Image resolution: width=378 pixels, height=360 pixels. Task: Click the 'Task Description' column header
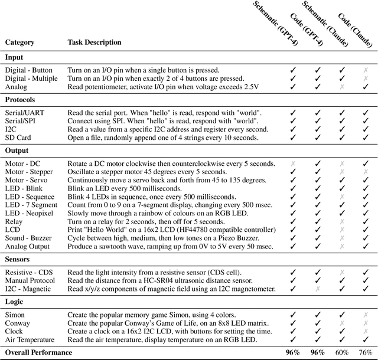(x=94, y=42)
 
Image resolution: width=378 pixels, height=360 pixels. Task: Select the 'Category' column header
(x=20, y=42)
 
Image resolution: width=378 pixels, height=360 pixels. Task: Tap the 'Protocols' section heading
(x=20, y=100)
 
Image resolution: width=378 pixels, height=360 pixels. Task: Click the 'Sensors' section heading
(x=19, y=259)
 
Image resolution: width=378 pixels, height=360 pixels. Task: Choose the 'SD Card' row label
(x=18, y=138)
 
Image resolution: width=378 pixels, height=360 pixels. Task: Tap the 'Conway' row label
(x=18, y=323)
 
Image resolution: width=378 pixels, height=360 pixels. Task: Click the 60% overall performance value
(x=342, y=352)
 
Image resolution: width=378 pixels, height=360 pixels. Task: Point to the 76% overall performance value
(x=365, y=352)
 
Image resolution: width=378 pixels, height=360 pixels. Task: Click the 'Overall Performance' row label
(x=38, y=352)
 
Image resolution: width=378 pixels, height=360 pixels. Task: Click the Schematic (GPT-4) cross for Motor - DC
(x=292, y=162)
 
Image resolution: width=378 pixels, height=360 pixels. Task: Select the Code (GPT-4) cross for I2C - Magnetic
(x=317, y=289)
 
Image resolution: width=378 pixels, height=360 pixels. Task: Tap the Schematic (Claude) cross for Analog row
(x=342, y=87)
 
